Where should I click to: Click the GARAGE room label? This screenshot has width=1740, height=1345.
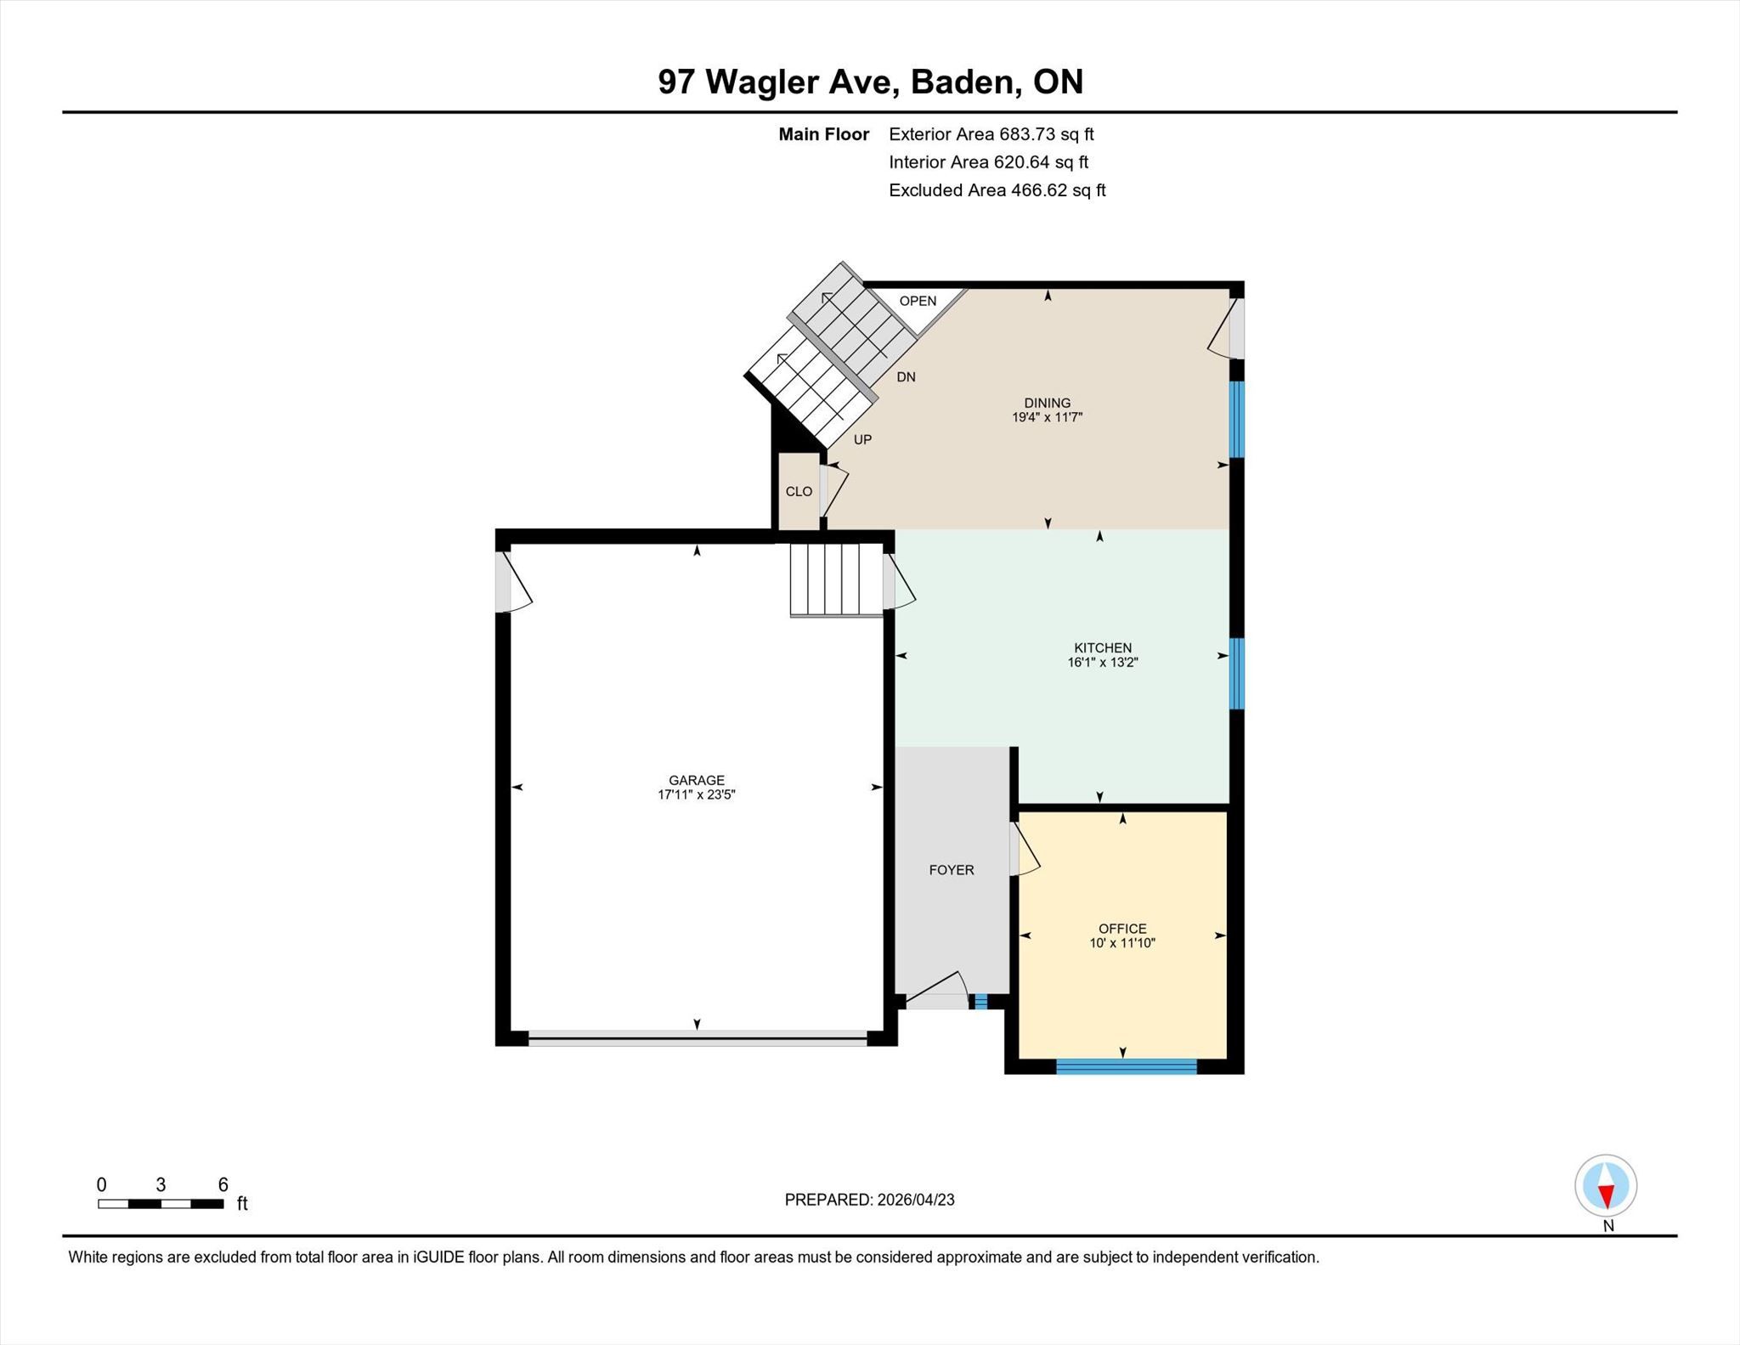(696, 780)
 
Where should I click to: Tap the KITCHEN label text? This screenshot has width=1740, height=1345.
(1102, 647)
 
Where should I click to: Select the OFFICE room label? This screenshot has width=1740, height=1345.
(1122, 929)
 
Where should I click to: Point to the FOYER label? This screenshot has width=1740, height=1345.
(951, 870)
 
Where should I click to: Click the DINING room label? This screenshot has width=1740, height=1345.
(1047, 403)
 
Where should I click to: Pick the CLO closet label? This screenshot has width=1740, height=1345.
(799, 492)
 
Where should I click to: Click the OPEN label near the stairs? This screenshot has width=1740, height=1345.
(918, 301)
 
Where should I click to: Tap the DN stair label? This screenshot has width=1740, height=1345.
(906, 377)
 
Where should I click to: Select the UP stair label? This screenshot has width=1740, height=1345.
(862, 440)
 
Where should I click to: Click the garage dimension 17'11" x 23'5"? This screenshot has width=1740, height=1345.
(696, 795)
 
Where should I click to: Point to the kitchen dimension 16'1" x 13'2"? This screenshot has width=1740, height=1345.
(1102, 663)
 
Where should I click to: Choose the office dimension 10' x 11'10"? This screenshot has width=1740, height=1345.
(1122, 943)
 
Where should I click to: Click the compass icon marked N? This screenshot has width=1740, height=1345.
(1606, 1185)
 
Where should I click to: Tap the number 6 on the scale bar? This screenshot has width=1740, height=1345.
(223, 1185)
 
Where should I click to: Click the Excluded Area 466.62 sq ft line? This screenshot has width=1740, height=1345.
(997, 190)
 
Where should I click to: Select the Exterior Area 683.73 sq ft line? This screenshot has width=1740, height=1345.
(991, 134)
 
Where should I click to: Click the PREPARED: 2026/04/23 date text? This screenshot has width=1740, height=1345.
(869, 1200)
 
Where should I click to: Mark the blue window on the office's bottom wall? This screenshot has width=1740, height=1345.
(1127, 1066)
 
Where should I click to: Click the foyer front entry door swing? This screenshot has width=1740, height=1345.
(937, 991)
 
